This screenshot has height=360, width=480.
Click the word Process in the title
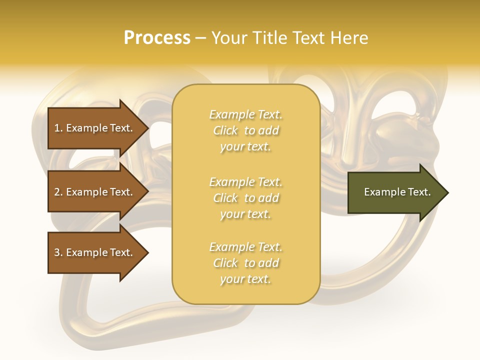pyautogui.click(x=157, y=38)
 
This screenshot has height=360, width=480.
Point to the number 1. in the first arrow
pyautogui.click(x=58, y=128)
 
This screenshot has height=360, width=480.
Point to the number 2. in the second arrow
pyautogui.click(x=58, y=192)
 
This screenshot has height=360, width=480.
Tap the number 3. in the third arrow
pyautogui.click(x=58, y=252)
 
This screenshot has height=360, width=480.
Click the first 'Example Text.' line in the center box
pyautogui.click(x=245, y=114)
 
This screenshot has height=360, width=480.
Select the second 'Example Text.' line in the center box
pyautogui.click(x=245, y=181)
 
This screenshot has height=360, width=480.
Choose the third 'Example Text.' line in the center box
pyautogui.click(x=245, y=247)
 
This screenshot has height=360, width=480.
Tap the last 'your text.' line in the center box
pyautogui.click(x=245, y=279)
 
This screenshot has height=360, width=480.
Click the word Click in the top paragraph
pyautogui.click(x=225, y=130)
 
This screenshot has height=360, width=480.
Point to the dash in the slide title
pyautogui.click(x=200, y=38)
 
